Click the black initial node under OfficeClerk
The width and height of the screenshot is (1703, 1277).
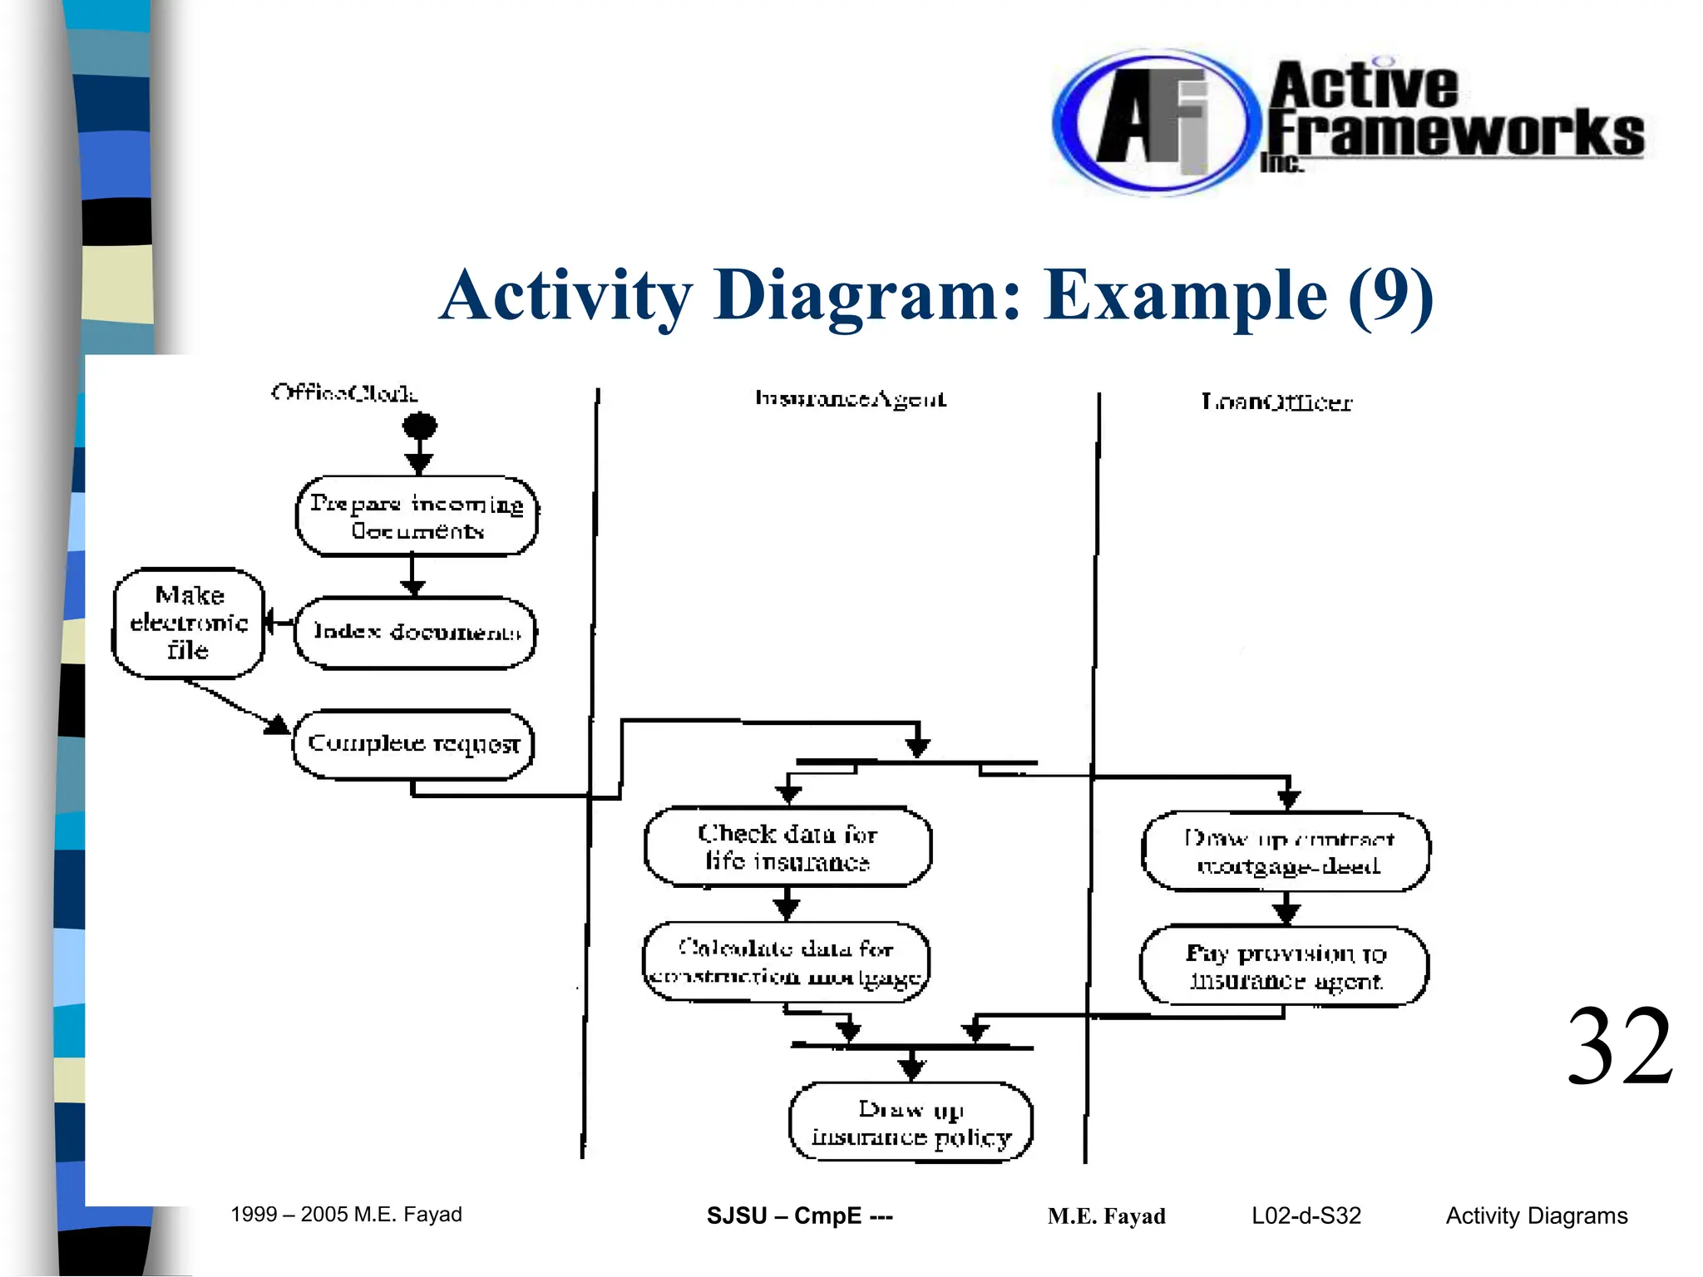[420, 426]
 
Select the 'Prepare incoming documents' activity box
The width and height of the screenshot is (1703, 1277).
[417, 516]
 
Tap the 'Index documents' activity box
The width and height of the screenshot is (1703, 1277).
[416, 633]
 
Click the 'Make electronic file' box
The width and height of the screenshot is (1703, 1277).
[189, 623]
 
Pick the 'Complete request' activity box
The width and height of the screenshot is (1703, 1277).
[413, 744]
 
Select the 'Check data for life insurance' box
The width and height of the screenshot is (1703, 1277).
[787, 847]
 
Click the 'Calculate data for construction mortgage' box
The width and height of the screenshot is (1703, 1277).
[786, 962]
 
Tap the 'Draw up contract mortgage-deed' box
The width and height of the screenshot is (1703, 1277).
[1286, 852]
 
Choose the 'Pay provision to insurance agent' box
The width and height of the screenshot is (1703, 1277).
[1285, 966]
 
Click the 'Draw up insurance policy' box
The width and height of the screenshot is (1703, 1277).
[911, 1122]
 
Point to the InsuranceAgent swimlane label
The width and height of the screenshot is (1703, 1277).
[850, 399]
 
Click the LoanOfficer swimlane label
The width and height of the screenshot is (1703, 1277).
[1276, 402]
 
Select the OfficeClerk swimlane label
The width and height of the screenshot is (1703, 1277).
[344, 392]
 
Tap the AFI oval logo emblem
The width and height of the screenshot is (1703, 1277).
[1152, 123]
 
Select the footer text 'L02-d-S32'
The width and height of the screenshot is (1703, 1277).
[1306, 1215]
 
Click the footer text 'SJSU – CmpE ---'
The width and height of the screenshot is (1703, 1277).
[799, 1215]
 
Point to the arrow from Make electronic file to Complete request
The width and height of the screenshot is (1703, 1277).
[237, 707]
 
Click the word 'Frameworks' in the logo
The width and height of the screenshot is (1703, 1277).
[1455, 133]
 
